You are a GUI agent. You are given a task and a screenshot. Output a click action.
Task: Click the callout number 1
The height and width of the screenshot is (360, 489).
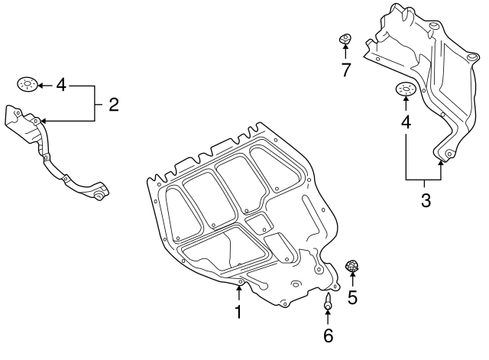[238, 312]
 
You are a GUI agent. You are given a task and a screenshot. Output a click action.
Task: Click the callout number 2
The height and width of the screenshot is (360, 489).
[113, 105]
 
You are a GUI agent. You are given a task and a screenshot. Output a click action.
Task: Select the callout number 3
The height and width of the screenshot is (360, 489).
[426, 202]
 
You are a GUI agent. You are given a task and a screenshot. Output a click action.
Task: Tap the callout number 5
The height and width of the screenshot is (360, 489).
[352, 297]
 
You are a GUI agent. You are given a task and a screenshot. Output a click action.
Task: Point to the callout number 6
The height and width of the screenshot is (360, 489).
[328, 335]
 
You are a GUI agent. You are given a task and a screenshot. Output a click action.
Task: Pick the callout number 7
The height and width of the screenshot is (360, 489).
[345, 71]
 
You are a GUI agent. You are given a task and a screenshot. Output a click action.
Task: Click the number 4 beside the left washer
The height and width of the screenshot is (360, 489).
[61, 84]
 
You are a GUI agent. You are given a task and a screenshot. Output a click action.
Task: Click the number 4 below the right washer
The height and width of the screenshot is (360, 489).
[405, 122]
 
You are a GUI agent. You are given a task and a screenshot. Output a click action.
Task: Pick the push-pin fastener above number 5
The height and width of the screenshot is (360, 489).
[353, 267]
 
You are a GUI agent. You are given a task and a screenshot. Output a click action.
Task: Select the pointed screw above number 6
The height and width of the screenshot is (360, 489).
[328, 302]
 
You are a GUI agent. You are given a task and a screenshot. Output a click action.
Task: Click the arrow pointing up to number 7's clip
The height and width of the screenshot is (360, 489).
[345, 53]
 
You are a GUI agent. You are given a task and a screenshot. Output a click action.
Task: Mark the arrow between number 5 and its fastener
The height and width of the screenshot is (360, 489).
[353, 281]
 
